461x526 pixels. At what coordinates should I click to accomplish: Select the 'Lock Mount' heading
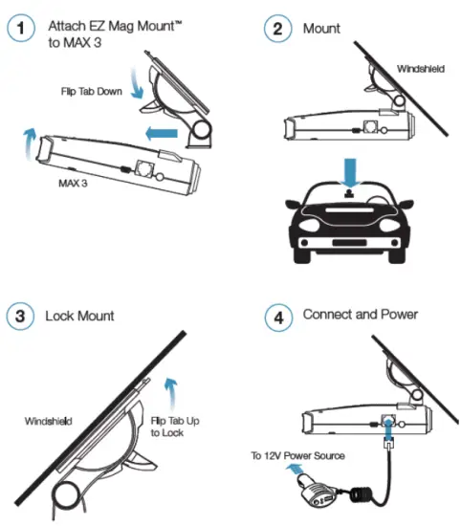80,316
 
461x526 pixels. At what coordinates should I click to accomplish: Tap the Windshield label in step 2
420,69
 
